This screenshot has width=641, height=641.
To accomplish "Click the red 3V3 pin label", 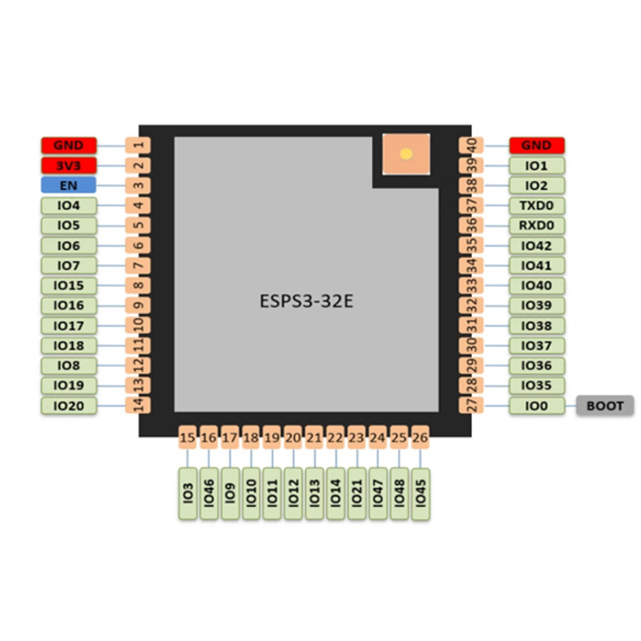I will (x=69, y=166).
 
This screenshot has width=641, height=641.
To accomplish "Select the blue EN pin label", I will (x=69, y=186).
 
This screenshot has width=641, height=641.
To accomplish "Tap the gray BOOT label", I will (x=605, y=406).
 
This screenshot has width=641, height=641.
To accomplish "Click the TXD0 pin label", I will (x=537, y=206).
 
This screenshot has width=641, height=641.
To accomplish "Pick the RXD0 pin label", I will (x=537, y=226).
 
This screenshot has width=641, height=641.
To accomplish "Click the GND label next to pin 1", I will (x=69, y=146).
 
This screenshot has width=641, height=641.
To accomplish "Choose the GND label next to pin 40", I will (x=537, y=146).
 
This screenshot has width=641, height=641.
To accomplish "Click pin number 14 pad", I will (x=139, y=405).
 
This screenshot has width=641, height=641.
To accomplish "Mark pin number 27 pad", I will (x=470, y=405).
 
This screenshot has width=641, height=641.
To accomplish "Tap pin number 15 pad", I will (x=187, y=438).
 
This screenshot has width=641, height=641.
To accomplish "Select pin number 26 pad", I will (x=420, y=438).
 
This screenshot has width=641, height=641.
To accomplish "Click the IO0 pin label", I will (x=537, y=406).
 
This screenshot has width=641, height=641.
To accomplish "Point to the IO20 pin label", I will (x=69, y=406).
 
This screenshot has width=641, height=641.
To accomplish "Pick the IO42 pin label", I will (x=537, y=246).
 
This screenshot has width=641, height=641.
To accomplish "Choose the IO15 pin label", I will (x=69, y=286).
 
